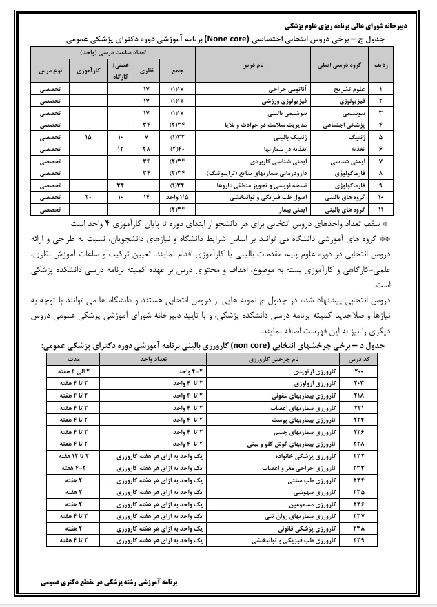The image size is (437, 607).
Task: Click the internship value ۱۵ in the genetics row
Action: [87, 138]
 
